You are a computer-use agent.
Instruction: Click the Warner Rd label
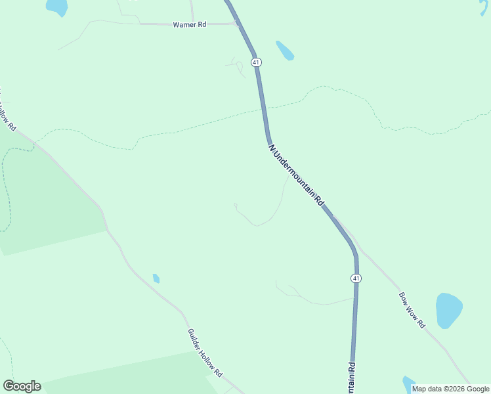(189, 24)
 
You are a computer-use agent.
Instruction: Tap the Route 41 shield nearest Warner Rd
(256, 62)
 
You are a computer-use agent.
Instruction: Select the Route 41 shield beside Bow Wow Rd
(355, 278)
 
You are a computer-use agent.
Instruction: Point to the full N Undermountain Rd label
(297, 175)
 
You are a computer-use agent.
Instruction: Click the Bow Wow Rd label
(412, 310)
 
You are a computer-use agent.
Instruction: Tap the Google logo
(22, 386)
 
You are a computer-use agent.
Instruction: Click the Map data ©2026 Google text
(450, 389)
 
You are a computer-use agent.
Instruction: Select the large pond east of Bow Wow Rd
(449, 310)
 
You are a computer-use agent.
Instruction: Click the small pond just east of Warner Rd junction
(285, 51)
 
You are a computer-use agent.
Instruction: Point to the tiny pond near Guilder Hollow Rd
(156, 278)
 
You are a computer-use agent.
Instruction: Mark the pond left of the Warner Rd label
(56, 7)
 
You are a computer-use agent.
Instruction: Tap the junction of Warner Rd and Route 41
(237, 23)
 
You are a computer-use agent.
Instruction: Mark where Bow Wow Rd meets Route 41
(334, 217)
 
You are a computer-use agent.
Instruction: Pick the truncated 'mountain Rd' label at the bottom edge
(351, 378)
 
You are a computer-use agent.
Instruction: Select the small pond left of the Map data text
(408, 383)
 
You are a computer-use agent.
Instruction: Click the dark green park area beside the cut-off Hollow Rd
(46, 204)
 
